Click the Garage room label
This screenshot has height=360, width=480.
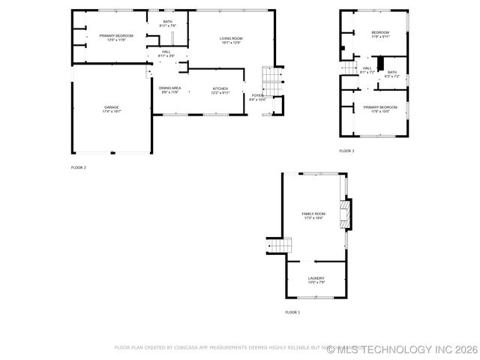(x=112, y=109)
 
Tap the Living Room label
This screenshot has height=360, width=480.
(x=231, y=40)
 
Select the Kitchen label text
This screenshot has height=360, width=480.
(x=220, y=90)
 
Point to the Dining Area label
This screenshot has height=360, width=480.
(x=169, y=90)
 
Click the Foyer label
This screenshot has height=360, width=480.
(x=256, y=97)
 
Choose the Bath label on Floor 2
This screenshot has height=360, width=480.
(x=168, y=23)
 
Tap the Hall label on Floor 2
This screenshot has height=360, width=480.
(x=166, y=53)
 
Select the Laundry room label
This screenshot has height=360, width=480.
(x=316, y=280)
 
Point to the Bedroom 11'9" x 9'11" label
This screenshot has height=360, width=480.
(x=380, y=34)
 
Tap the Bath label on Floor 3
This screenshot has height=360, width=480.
(x=392, y=74)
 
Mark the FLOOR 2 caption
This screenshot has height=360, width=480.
(x=79, y=167)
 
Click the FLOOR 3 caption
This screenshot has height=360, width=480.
(x=346, y=151)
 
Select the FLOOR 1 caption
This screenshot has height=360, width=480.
(x=292, y=311)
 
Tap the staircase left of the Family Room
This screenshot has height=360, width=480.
(x=279, y=245)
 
